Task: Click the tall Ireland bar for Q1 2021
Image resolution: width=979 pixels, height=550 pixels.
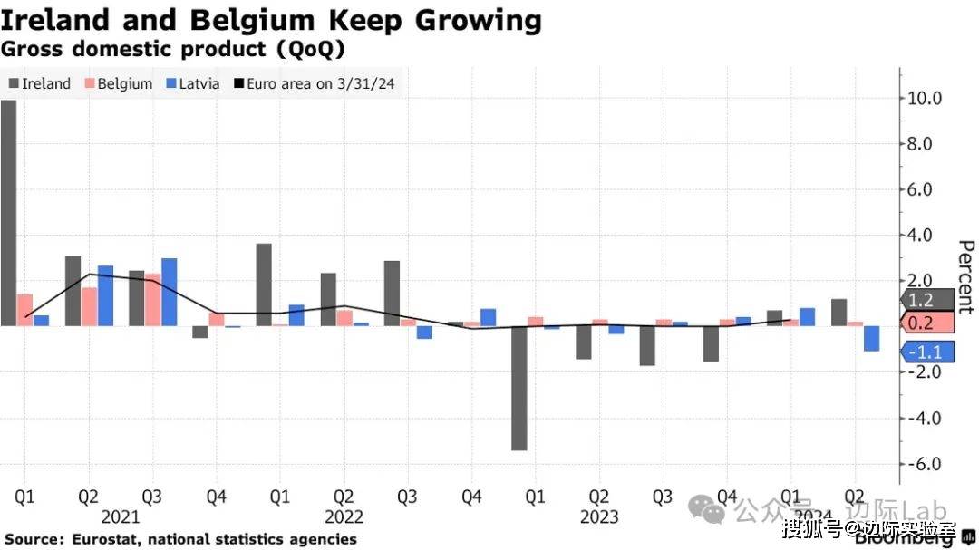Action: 8,212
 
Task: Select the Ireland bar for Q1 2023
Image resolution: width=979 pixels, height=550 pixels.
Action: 519,388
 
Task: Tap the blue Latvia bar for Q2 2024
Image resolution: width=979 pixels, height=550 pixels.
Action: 871,338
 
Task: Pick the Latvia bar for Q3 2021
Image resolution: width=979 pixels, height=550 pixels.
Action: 169,292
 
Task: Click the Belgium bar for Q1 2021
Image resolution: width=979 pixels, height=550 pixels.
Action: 24,310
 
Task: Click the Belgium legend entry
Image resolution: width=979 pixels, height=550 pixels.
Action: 118,83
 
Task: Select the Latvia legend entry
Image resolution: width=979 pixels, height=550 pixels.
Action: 192,83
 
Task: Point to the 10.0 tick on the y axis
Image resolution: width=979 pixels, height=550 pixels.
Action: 924,98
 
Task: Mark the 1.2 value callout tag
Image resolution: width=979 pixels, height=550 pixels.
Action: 925,301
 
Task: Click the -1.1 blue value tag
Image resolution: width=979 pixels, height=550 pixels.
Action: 925,352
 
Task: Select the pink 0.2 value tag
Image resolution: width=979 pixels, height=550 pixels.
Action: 925,323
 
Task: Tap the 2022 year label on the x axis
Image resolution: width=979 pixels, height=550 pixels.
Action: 344,517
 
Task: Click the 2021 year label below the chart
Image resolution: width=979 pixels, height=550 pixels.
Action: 121,517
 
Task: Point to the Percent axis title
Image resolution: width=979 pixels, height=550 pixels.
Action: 966,276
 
